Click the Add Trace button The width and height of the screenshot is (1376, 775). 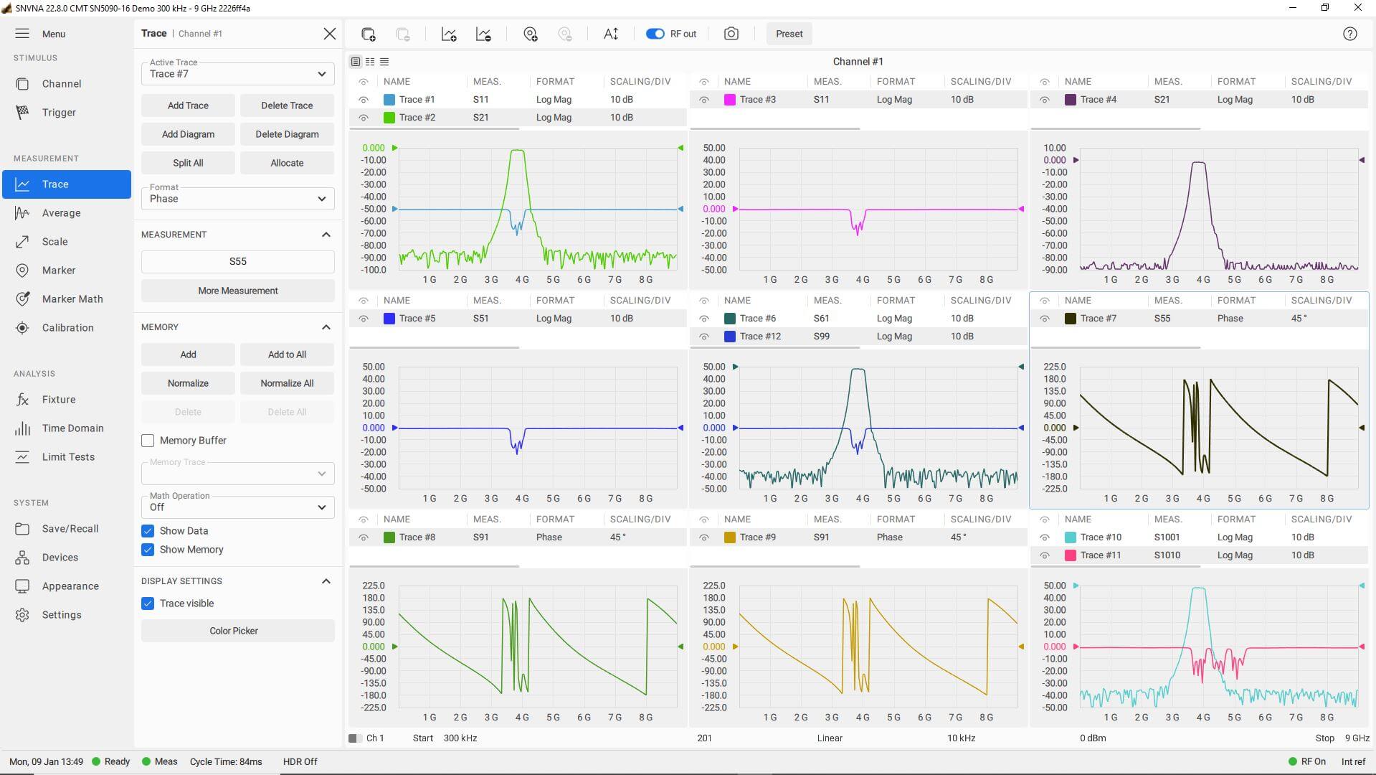coord(188,105)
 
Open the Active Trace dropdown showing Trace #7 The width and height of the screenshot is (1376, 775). coord(237,74)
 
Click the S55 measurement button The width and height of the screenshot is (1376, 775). coord(237,262)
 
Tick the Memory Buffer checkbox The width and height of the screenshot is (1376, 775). coord(148,441)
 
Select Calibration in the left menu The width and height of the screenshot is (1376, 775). coord(67,328)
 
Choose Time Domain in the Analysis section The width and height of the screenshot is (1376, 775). coord(72,428)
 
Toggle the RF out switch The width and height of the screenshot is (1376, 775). coord(655,34)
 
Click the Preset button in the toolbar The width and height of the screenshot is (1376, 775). coord(789,34)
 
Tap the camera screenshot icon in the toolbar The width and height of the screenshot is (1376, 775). coord(731,34)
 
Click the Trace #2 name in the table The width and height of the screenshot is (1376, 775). coord(417,118)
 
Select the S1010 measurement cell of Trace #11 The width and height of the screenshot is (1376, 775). coord(1167,555)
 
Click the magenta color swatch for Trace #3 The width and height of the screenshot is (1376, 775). coord(730,100)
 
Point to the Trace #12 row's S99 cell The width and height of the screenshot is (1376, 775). coord(821,337)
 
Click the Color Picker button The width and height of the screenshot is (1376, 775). coord(234,631)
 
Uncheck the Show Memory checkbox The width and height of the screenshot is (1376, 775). coord(148,550)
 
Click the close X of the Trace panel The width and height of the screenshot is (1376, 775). coord(329,34)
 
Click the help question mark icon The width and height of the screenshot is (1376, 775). coord(1349,34)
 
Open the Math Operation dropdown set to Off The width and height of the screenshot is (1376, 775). coord(237,507)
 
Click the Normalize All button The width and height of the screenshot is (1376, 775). coord(287,383)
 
